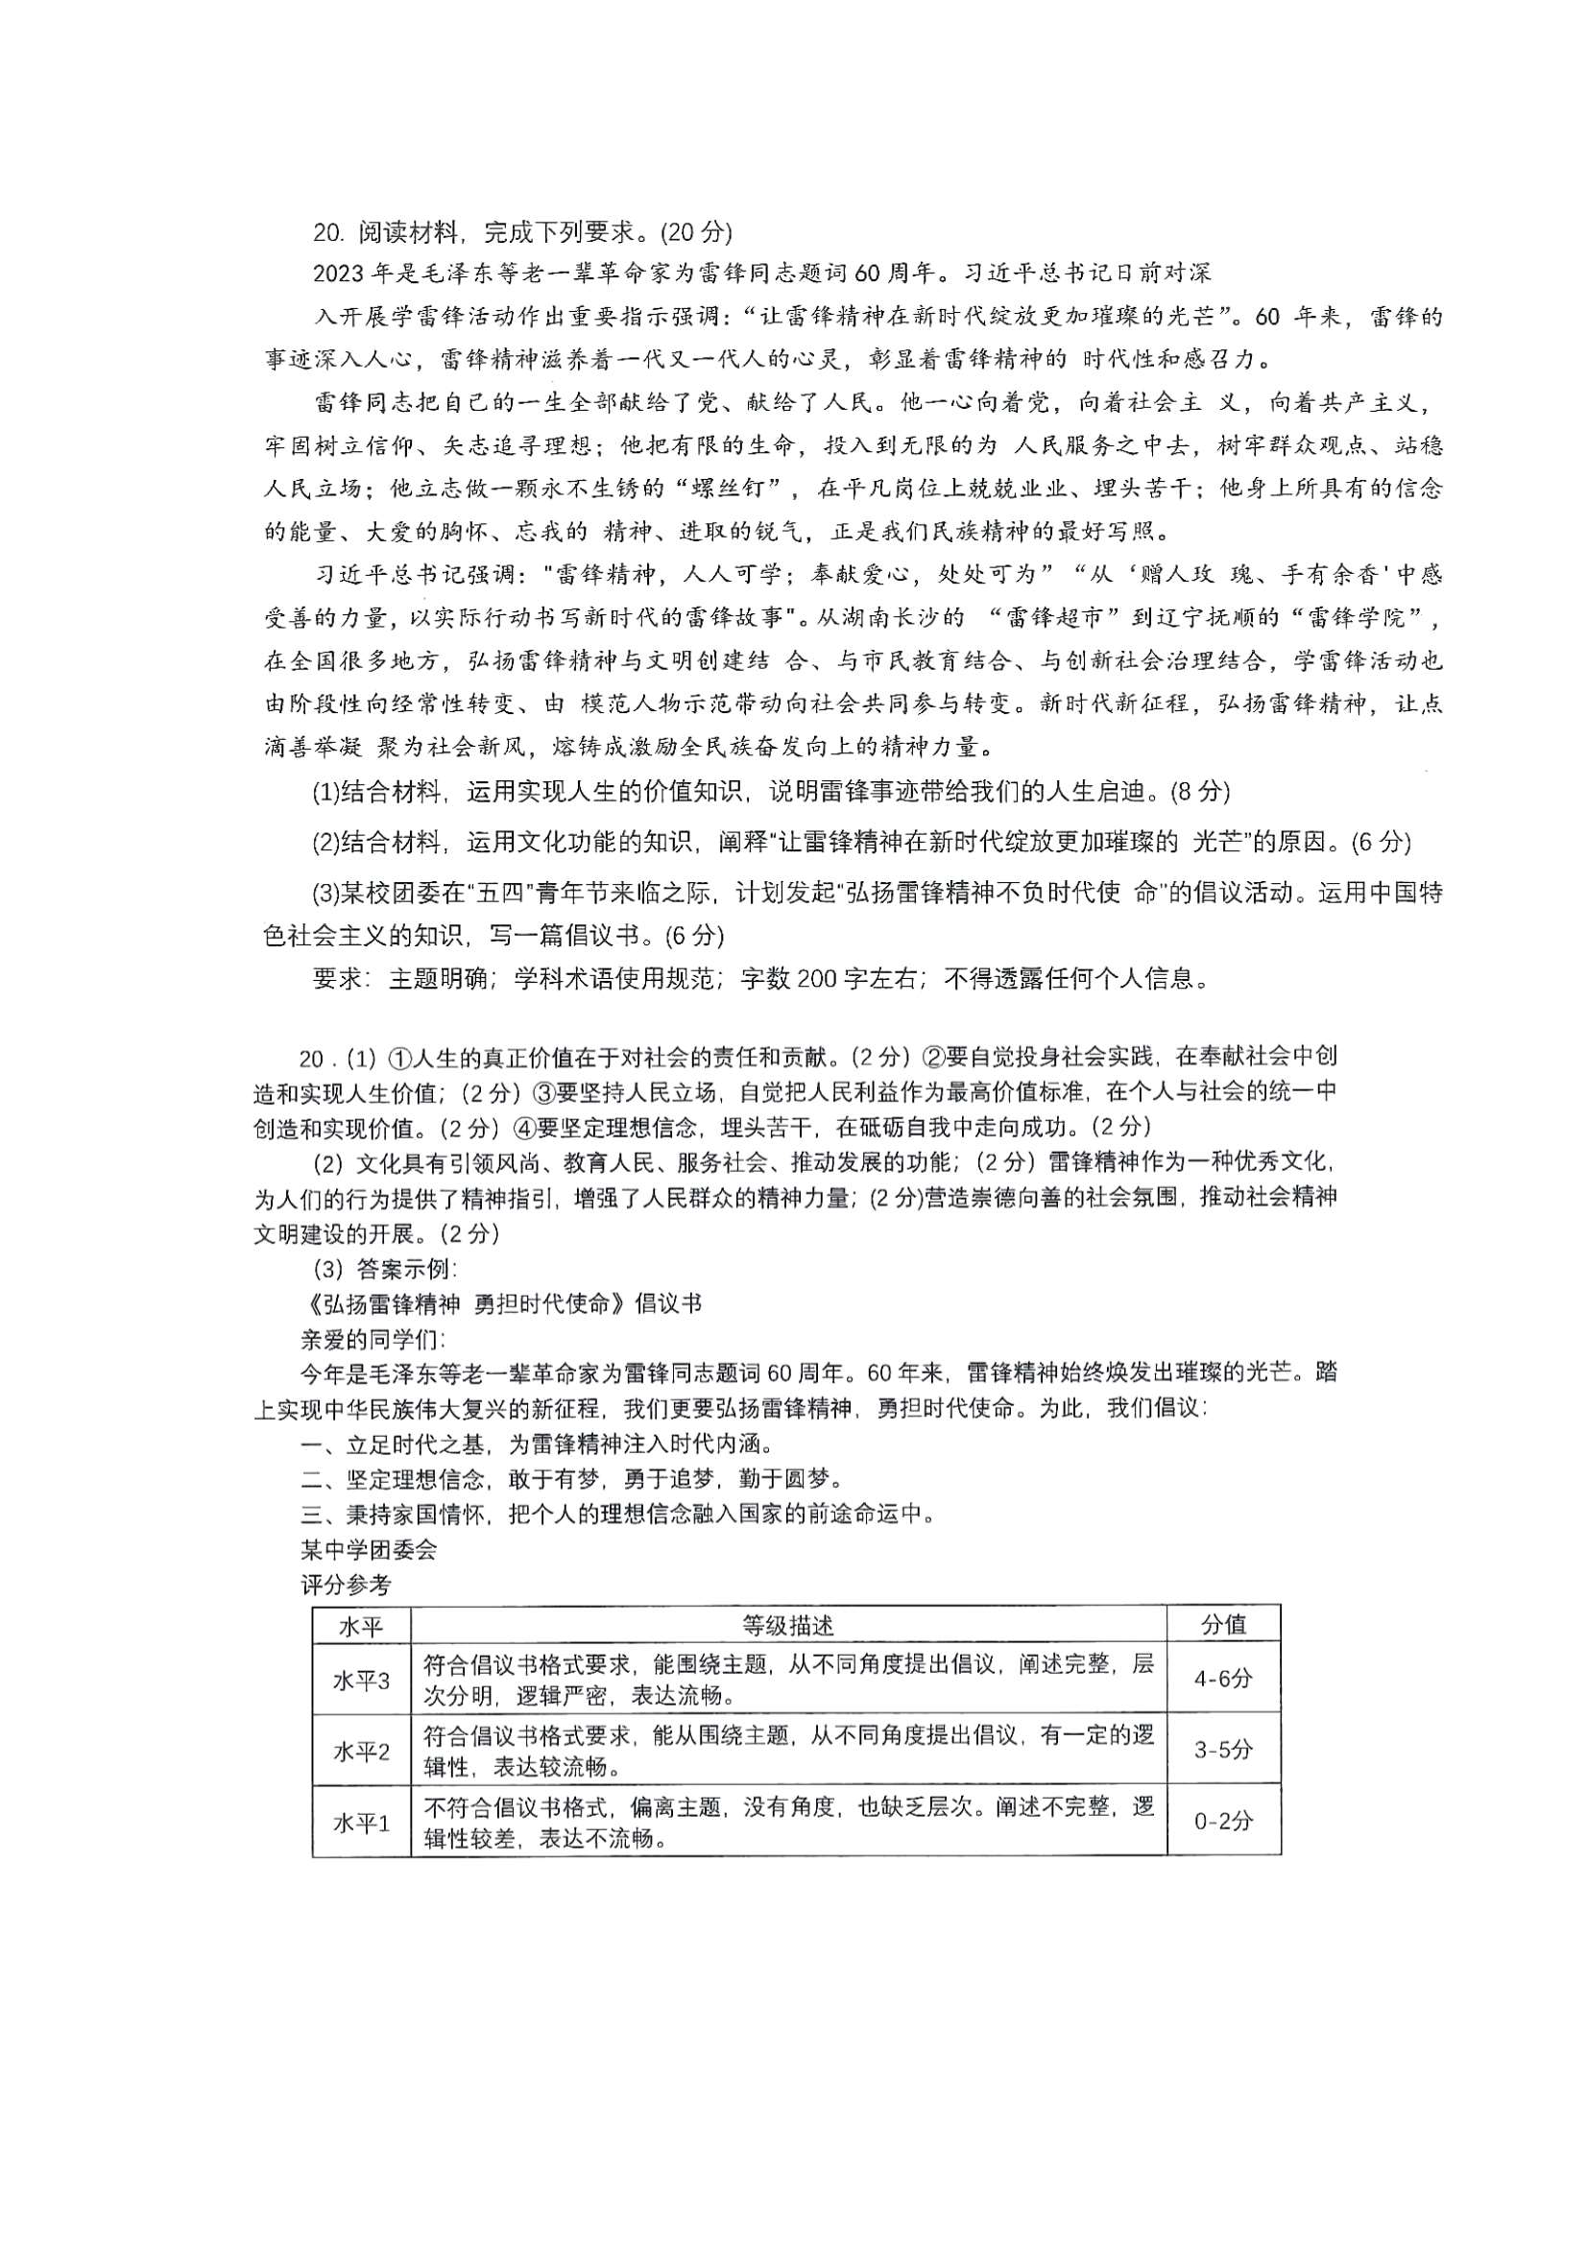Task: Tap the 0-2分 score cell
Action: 1222,1823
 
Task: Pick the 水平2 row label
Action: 361,1753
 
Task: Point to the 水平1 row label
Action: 361,1824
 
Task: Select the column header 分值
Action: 1222,1624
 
